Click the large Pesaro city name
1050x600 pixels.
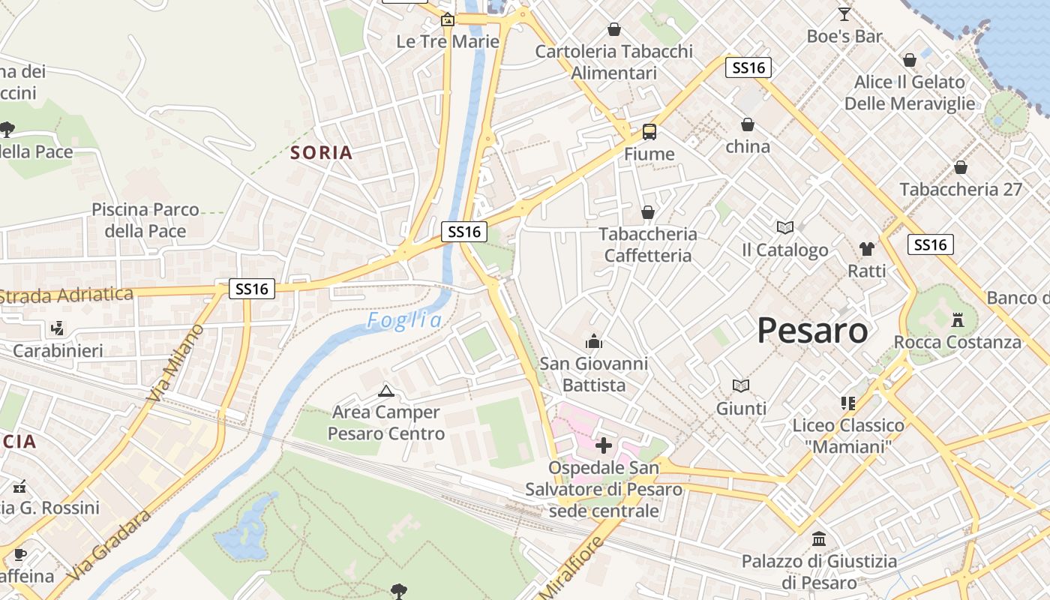click(x=812, y=330)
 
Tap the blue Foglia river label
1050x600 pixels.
click(x=404, y=321)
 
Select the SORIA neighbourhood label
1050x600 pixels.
click(x=321, y=153)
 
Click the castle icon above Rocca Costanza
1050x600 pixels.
click(x=957, y=320)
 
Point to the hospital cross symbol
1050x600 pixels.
click(x=604, y=446)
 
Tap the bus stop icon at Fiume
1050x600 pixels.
click(x=649, y=132)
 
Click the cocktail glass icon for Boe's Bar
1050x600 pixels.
click(x=844, y=14)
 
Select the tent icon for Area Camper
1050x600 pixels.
click(x=386, y=390)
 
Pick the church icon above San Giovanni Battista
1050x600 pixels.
click(x=594, y=342)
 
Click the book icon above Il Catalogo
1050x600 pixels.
click(x=784, y=227)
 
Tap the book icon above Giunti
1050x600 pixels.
click(x=741, y=385)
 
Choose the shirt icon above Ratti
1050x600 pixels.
click(x=867, y=248)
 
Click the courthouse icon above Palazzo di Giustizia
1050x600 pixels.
click(x=818, y=538)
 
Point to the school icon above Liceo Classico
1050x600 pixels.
click(x=848, y=403)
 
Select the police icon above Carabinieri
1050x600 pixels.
click(x=58, y=328)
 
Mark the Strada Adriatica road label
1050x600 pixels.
click(x=67, y=295)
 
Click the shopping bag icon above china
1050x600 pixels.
click(x=747, y=124)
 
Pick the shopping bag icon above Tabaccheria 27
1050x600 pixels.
click(x=960, y=167)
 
